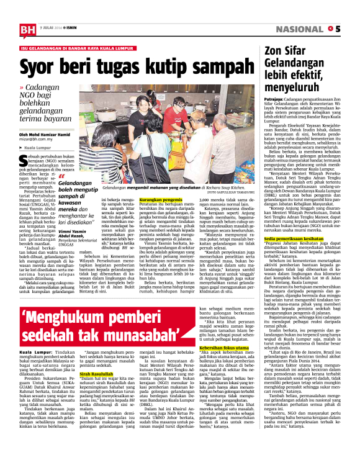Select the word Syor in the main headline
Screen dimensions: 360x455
39,66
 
